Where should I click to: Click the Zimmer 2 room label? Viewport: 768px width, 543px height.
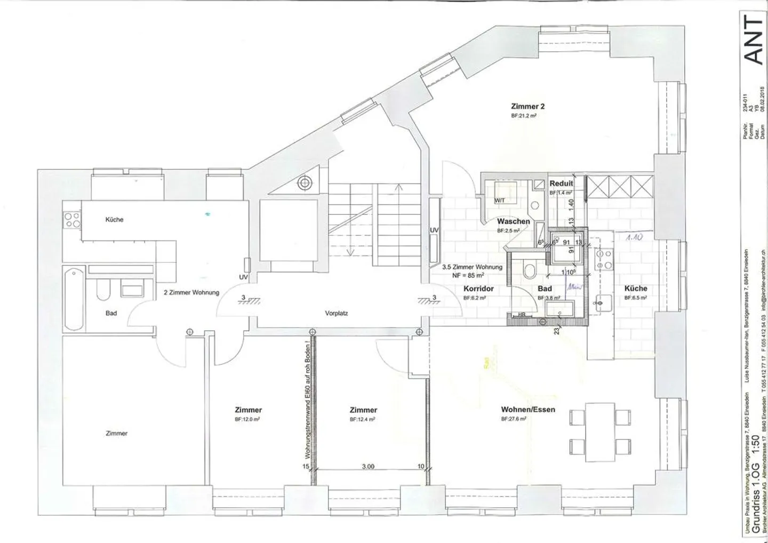click(x=527, y=106)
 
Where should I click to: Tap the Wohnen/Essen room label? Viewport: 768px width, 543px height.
click(x=527, y=410)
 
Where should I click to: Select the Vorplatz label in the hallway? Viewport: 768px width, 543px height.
click(x=336, y=313)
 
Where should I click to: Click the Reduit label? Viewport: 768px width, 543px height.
click(x=561, y=183)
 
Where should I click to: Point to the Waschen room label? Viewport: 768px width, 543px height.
click(x=513, y=221)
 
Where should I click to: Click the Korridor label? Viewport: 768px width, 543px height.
click(x=478, y=289)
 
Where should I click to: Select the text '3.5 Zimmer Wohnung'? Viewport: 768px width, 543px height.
click(x=472, y=267)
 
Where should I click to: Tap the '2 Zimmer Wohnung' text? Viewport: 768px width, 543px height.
click(x=191, y=292)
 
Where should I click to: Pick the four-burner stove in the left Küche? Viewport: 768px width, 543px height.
click(x=71, y=220)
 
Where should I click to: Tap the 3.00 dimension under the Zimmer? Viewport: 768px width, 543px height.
click(x=368, y=466)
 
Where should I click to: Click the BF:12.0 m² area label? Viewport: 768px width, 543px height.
click(x=248, y=420)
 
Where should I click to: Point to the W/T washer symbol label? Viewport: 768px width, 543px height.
click(x=500, y=201)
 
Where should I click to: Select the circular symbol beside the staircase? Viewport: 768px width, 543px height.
click(x=305, y=183)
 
